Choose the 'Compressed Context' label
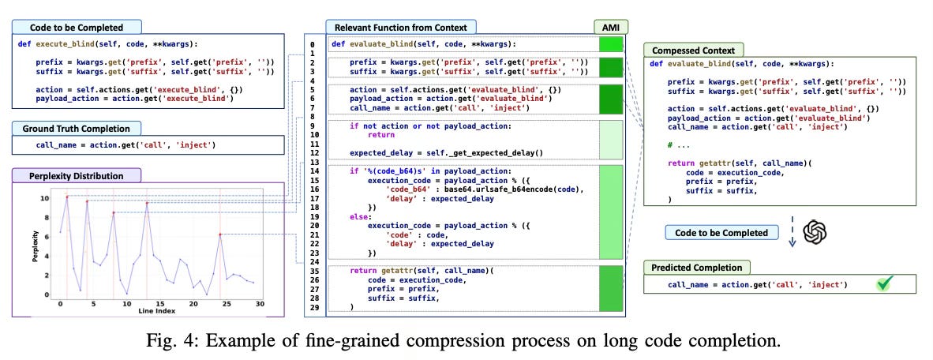(x=694, y=50)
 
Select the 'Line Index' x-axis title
(x=150, y=310)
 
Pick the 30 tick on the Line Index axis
(x=260, y=302)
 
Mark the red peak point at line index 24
(x=220, y=234)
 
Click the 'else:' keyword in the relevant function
(x=361, y=215)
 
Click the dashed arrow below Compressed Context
(x=790, y=232)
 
